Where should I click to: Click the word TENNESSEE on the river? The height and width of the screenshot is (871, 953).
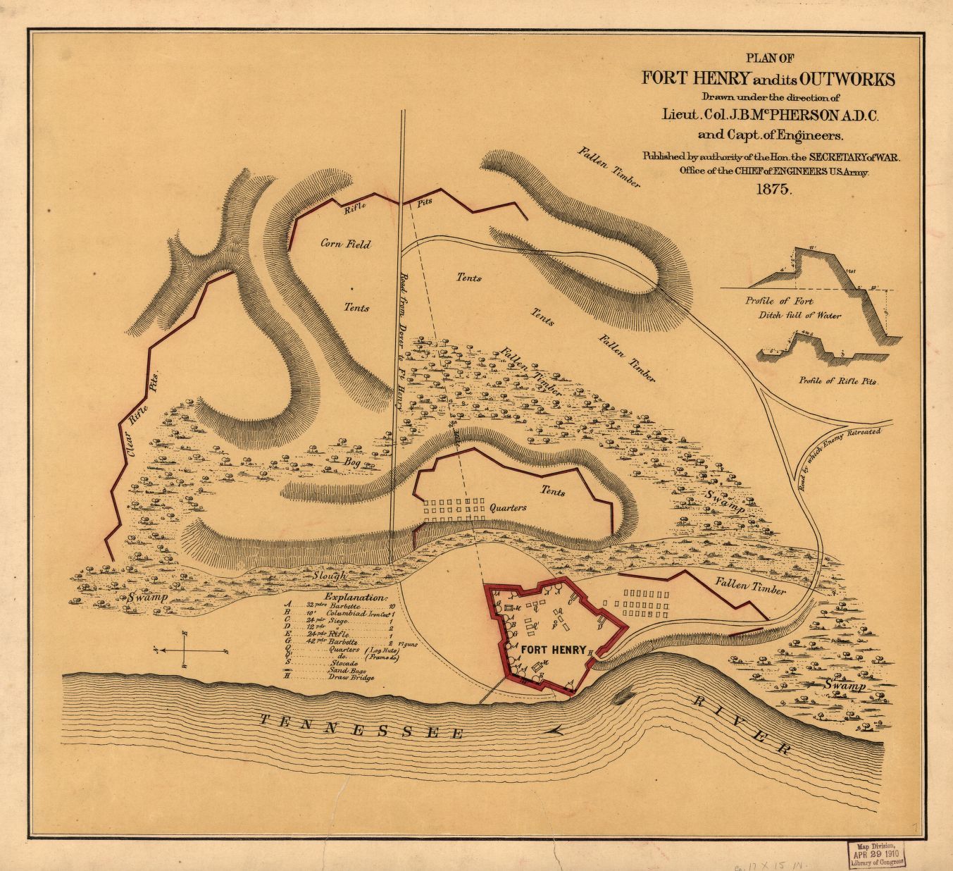[361, 727]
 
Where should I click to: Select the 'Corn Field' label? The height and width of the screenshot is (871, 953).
[345, 245]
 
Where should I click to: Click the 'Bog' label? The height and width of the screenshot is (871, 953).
[352, 462]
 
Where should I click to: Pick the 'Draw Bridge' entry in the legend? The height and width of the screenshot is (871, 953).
[351, 678]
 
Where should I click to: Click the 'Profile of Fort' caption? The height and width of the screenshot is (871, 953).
[773, 301]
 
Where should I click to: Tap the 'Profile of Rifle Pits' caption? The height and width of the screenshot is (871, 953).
[837, 381]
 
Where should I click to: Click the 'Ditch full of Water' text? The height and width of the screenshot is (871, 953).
[799, 316]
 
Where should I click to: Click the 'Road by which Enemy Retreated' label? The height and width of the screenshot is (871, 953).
[842, 450]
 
